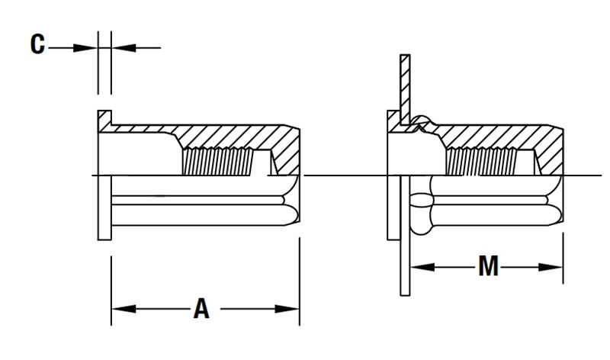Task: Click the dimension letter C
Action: (x=37, y=44)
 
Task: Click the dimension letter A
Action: (x=201, y=309)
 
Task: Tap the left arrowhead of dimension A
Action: (x=124, y=309)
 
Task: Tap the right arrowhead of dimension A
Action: (x=287, y=309)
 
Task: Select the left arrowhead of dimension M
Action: (x=422, y=267)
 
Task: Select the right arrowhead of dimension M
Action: (x=551, y=267)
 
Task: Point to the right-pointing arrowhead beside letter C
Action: (x=85, y=48)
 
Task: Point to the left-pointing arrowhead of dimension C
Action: (x=124, y=48)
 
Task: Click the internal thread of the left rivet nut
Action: (x=217, y=162)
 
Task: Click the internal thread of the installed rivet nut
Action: (x=481, y=162)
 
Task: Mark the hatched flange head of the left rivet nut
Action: (x=104, y=121)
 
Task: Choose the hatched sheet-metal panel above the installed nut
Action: (x=405, y=88)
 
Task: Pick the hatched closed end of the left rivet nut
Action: (x=287, y=152)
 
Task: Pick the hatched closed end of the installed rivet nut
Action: (x=551, y=152)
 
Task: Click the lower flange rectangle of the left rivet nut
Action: (x=104, y=207)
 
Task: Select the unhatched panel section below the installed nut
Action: (x=405, y=236)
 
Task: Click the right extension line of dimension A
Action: (x=300, y=281)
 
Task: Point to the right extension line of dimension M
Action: (x=563, y=258)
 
